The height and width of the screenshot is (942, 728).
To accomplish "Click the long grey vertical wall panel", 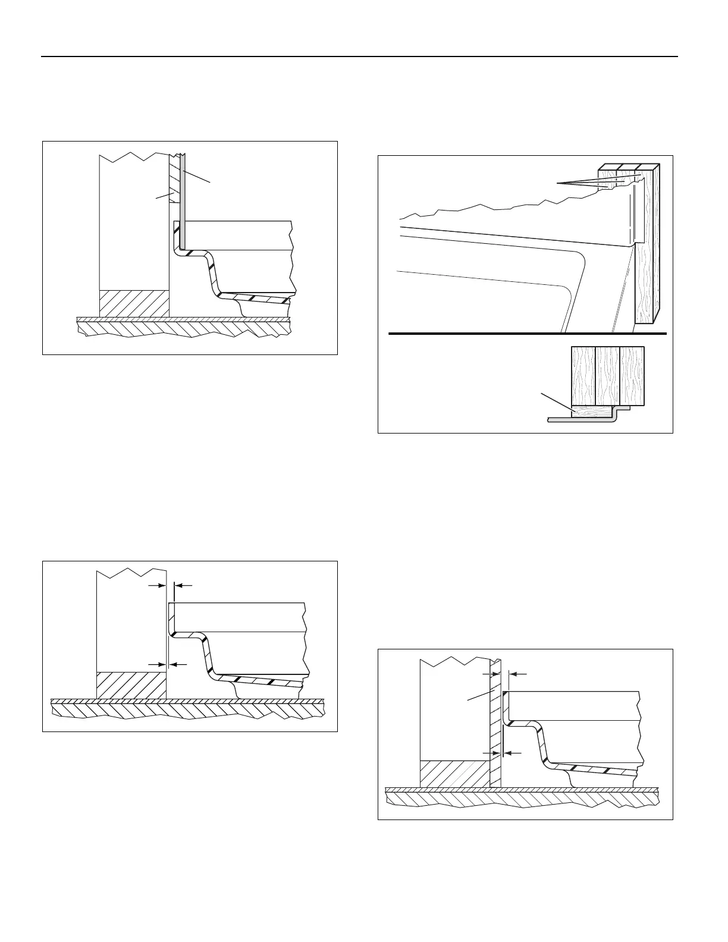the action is coord(184,202).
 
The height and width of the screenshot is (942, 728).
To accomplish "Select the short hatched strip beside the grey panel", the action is coord(174,178).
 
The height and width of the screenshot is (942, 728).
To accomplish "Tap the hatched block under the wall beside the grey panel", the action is coord(134,303).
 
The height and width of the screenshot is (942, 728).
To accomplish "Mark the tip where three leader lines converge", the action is coord(558,184).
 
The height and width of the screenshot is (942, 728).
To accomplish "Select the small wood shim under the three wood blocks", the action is coord(592,410).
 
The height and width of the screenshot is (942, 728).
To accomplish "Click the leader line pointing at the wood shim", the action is coord(556,401).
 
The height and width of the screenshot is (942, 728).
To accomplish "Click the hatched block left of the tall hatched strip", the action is coord(455,774).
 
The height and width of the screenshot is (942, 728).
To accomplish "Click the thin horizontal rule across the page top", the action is coord(359,57).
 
